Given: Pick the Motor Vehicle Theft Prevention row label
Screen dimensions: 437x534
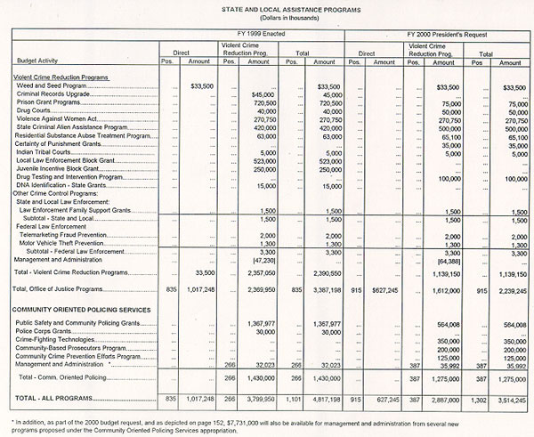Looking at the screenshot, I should [73, 243].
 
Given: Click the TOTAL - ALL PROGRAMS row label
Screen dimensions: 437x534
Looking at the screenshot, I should [52, 394].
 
